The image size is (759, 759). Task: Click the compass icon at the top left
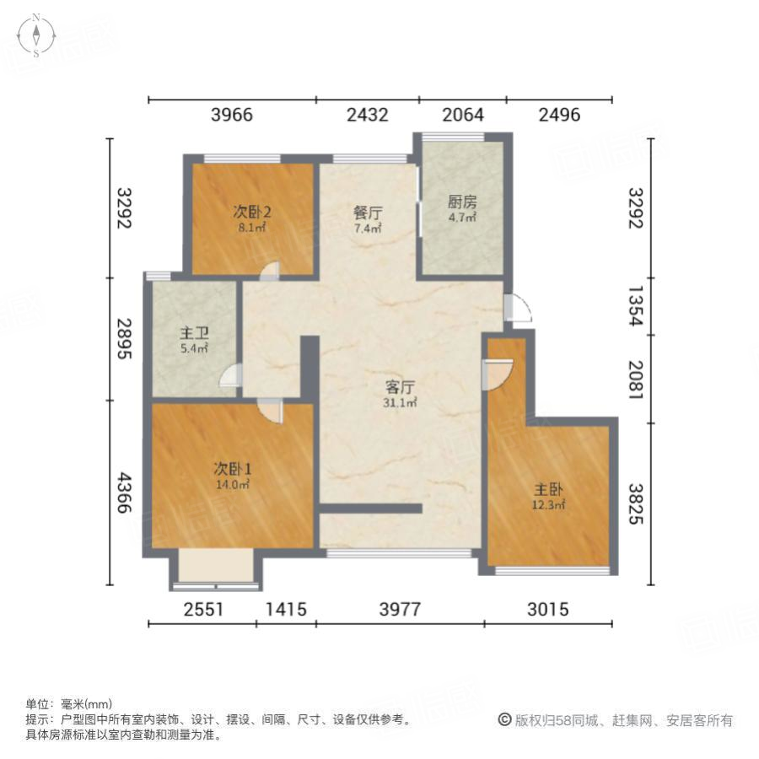(37, 35)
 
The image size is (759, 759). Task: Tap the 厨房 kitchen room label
(462, 202)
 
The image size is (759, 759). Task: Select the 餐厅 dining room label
(368, 213)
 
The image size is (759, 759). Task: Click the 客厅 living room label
(400, 388)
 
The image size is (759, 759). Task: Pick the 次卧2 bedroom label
(252, 213)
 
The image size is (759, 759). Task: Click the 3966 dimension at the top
(231, 115)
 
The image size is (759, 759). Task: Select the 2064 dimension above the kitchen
(463, 115)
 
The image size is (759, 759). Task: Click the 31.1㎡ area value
(400, 403)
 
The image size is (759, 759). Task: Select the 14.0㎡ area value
(231, 485)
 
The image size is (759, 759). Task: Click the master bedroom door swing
(498, 372)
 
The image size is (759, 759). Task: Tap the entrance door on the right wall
(518, 309)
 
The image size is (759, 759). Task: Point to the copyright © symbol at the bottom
(504, 720)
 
